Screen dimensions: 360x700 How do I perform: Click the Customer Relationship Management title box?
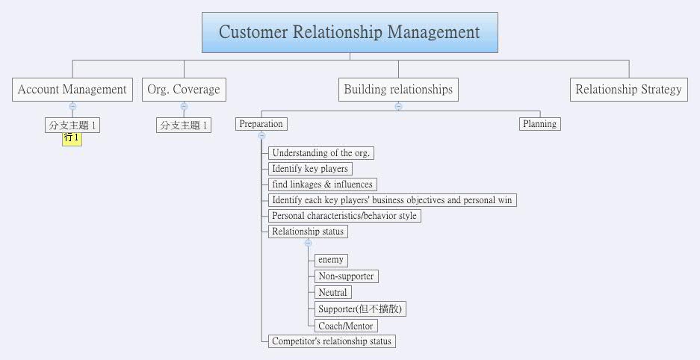click(350, 33)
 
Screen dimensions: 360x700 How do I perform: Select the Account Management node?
click(72, 90)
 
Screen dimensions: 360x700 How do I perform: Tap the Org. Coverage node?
click(184, 90)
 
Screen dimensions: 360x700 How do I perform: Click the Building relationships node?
click(398, 90)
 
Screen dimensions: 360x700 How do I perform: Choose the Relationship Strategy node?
click(628, 90)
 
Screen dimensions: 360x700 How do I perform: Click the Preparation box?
click(261, 124)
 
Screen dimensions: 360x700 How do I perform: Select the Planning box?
click(539, 124)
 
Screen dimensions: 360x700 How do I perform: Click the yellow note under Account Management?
click(72, 138)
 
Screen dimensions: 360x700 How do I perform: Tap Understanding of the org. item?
click(321, 153)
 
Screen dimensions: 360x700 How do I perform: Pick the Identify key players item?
click(310, 169)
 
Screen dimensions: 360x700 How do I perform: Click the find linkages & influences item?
click(322, 184)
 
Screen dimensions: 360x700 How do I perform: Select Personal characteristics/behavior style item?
click(344, 216)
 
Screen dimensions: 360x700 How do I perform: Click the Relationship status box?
click(308, 232)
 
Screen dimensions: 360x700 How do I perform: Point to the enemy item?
click(330, 260)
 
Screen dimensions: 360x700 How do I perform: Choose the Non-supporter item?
click(346, 276)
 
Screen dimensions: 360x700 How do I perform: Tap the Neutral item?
click(332, 293)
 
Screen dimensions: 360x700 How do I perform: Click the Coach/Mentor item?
click(346, 326)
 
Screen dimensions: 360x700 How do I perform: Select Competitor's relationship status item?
click(331, 341)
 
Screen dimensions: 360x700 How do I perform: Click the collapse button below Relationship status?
click(308, 243)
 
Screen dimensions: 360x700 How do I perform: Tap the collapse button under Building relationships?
click(398, 106)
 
